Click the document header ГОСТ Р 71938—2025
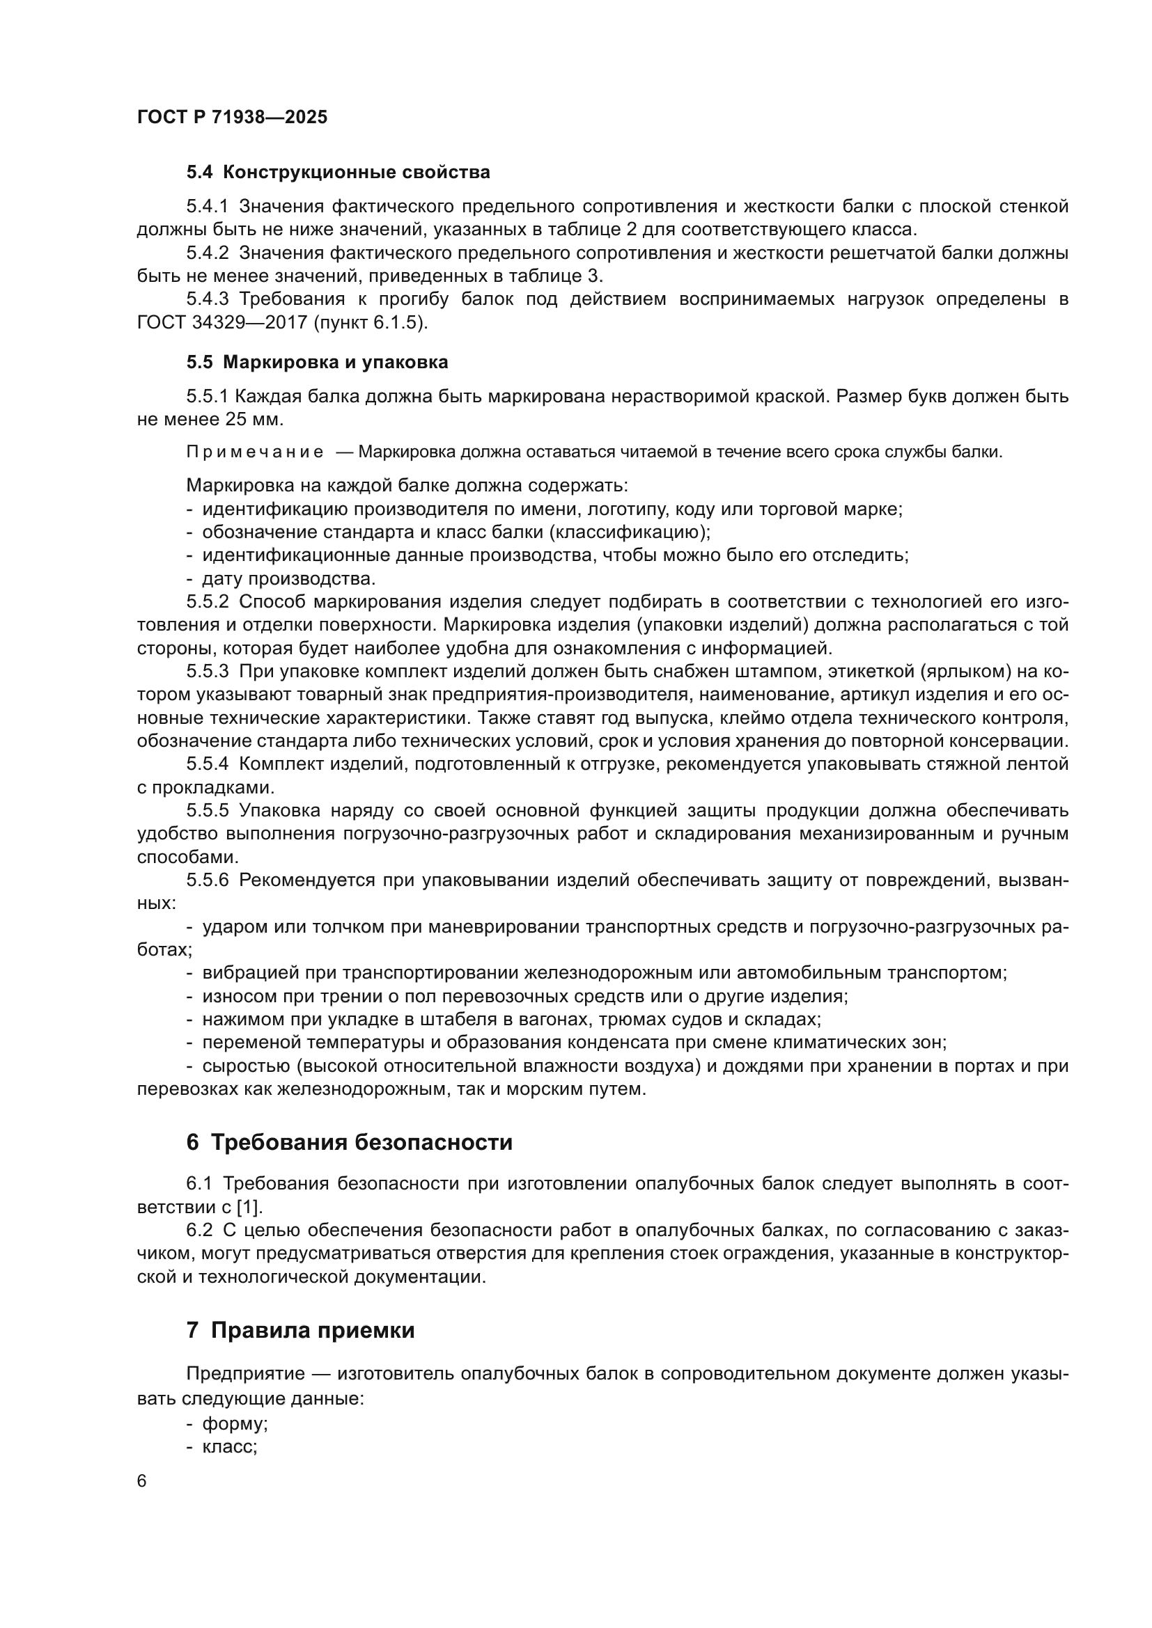click(x=232, y=117)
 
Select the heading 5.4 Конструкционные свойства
click(x=338, y=173)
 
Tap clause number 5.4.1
click(x=207, y=206)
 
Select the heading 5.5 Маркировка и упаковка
click(x=317, y=363)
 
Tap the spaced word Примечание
click(x=255, y=452)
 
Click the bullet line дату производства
click(x=288, y=578)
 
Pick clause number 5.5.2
click(x=207, y=602)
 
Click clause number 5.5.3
click(x=207, y=672)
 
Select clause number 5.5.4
click(x=207, y=764)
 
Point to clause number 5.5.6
click(x=207, y=880)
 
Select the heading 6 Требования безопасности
click(x=349, y=1143)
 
